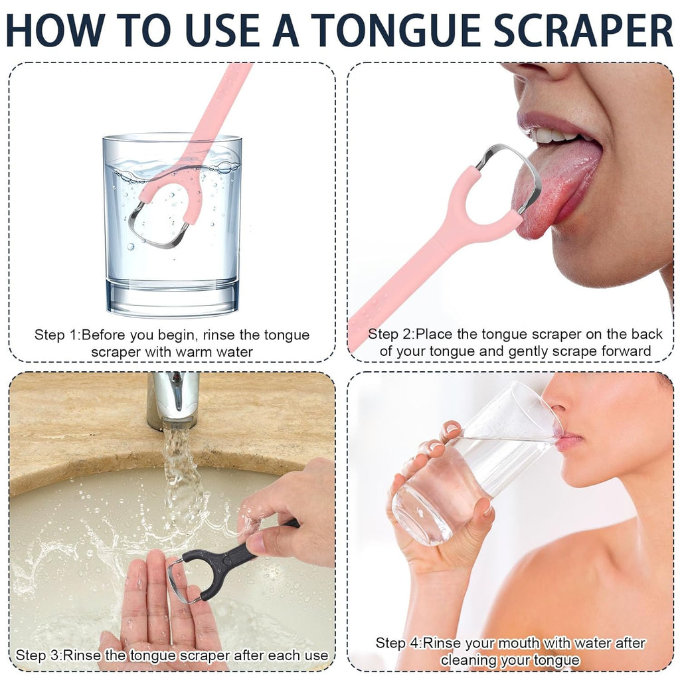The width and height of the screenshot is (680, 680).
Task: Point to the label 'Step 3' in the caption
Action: click(39, 655)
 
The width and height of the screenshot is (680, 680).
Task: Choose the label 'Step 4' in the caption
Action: click(398, 643)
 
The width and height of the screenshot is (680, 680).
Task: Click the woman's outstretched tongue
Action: click(558, 186)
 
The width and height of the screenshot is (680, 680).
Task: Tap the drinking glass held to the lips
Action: click(465, 465)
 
